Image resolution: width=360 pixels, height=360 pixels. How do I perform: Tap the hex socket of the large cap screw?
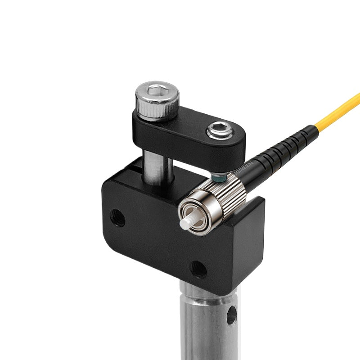pyautogui.click(x=157, y=90)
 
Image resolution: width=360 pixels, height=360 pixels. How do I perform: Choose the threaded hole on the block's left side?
pyautogui.click(x=117, y=218)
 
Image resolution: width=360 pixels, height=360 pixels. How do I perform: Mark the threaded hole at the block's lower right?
pyautogui.click(x=198, y=269)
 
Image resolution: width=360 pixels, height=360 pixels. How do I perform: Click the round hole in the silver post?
pyautogui.click(x=231, y=315)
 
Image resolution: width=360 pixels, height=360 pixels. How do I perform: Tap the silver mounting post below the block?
pyautogui.click(x=202, y=324)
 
